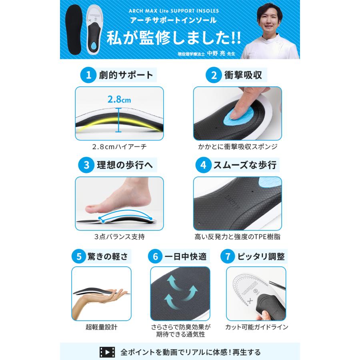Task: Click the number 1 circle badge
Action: point(87,75)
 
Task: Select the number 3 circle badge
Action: point(87,165)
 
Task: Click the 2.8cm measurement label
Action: point(119,99)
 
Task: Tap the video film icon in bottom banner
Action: point(107,352)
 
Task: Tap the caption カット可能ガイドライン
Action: point(256,327)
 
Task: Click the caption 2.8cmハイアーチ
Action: point(119,147)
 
